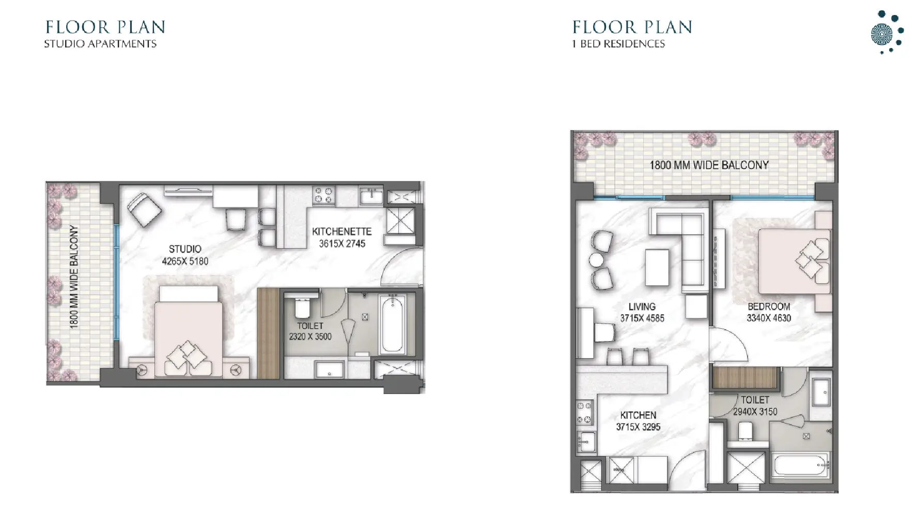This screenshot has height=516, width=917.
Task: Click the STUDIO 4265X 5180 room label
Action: click(185, 255)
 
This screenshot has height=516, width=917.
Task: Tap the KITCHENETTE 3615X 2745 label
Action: click(341, 237)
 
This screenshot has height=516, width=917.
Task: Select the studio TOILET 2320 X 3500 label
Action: click(310, 331)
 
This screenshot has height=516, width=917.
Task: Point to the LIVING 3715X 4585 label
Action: click(642, 312)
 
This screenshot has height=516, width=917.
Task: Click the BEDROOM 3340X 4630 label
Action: click(769, 312)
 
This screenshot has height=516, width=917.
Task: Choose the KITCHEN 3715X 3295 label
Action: click(638, 421)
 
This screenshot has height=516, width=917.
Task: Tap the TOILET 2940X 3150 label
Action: click(755, 406)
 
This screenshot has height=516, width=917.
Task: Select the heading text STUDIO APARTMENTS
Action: click(100, 44)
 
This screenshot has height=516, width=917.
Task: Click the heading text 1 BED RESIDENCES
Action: click(618, 44)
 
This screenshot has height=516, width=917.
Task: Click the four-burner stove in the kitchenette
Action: click(324, 195)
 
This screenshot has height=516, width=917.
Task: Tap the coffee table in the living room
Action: click(657, 267)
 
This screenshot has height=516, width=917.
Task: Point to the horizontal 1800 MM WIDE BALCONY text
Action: click(709, 165)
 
